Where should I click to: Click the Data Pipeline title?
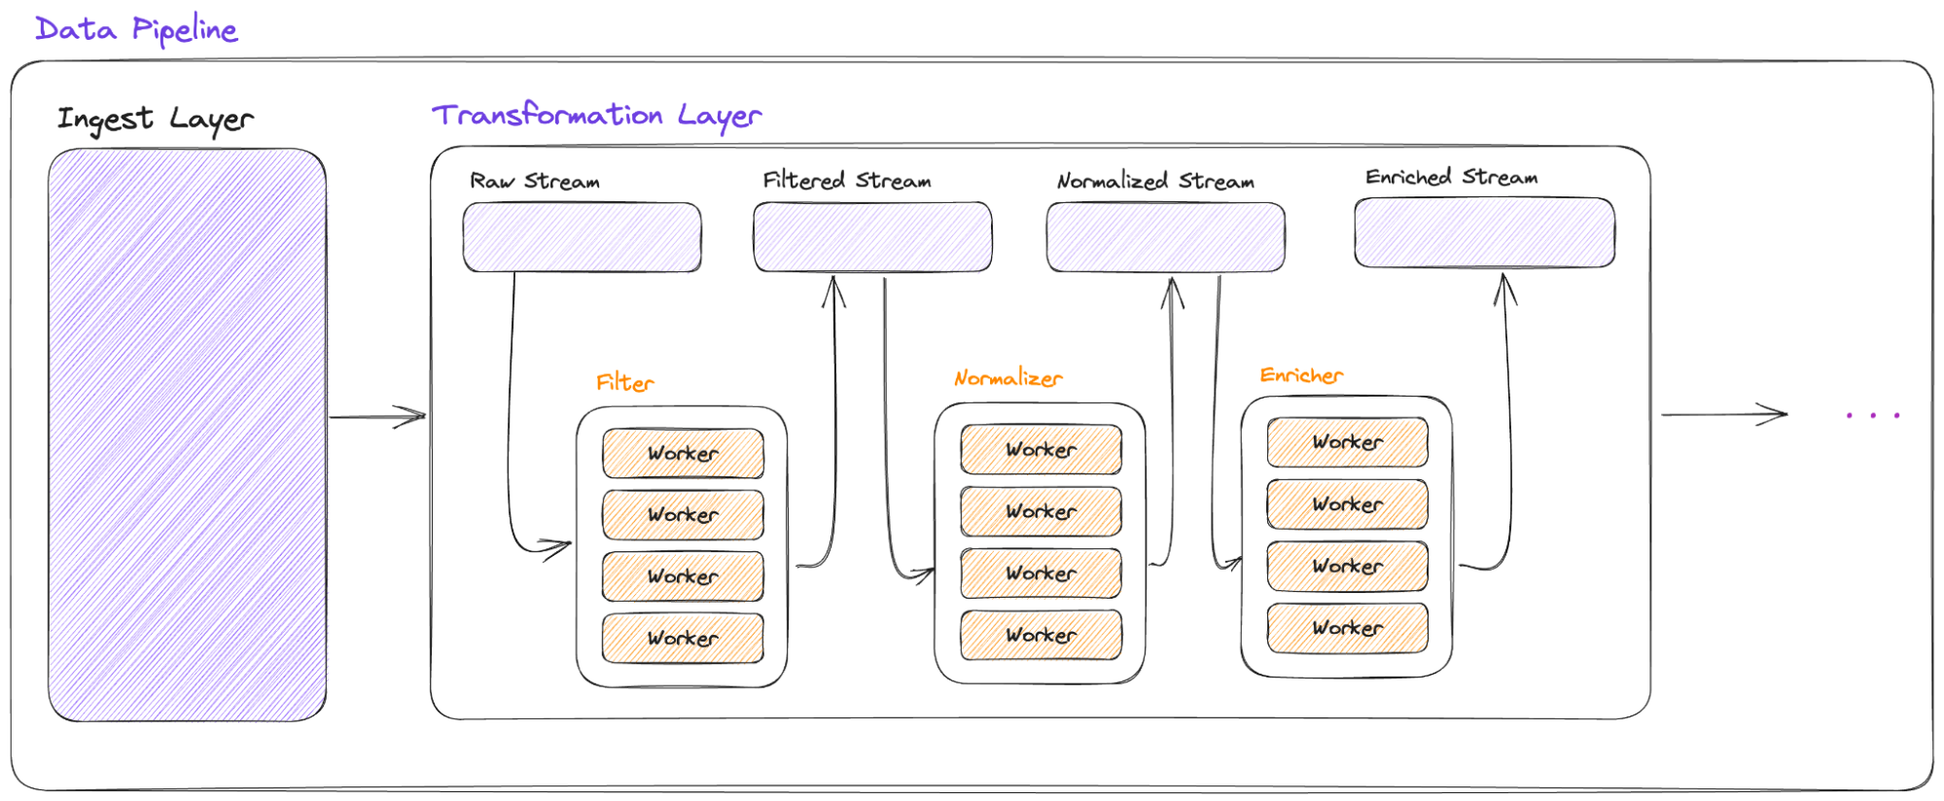click(x=136, y=29)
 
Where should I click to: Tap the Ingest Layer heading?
click(x=155, y=119)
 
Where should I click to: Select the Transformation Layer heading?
click(x=596, y=115)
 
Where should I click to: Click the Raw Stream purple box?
click(x=582, y=237)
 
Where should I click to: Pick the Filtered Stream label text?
click(x=846, y=181)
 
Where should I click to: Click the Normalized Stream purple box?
click(x=1165, y=237)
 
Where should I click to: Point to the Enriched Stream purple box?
click(x=1484, y=232)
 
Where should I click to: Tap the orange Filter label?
click(x=624, y=382)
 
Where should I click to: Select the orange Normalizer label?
click(x=1007, y=378)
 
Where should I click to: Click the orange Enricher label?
click(x=1300, y=375)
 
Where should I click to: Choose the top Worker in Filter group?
click(x=683, y=453)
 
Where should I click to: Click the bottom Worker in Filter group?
click(x=683, y=639)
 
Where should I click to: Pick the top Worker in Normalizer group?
click(x=1041, y=449)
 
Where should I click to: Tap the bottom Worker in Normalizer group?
click(x=1041, y=635)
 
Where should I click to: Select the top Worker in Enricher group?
click(x=1347, y=442)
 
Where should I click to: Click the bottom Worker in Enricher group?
click(x=1347, y=628)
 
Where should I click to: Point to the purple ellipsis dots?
click(x=1872, y=415)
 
